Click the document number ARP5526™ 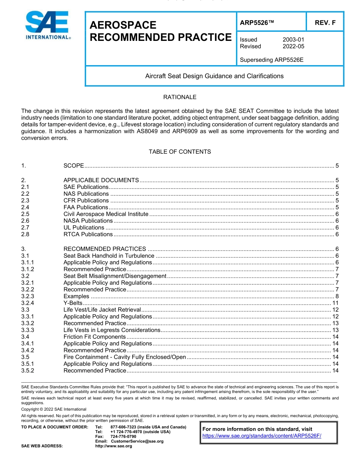click(x=257, y=23)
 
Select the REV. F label click(x=325, y=23)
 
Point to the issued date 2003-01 click(x=293, y=39)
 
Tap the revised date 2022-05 click(x=293, y=46)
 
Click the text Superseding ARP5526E click(x=272, y=59)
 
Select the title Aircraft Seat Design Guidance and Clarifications click(x=214, y=76)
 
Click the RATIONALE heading click(x=180, y=97)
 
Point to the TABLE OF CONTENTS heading click(x=180, y=152)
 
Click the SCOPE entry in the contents click(x=74, y=166)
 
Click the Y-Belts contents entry click(x=73, y=303)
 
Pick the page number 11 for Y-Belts click(x=335, y=303)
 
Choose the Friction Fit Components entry click(x=94, y=337)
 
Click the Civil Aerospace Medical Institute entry click(x=106, y=214)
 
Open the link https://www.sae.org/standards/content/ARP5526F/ click(x=262, y=436)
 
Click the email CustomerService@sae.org click(x=137, y=441)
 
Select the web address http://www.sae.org click(x=113, y=446)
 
